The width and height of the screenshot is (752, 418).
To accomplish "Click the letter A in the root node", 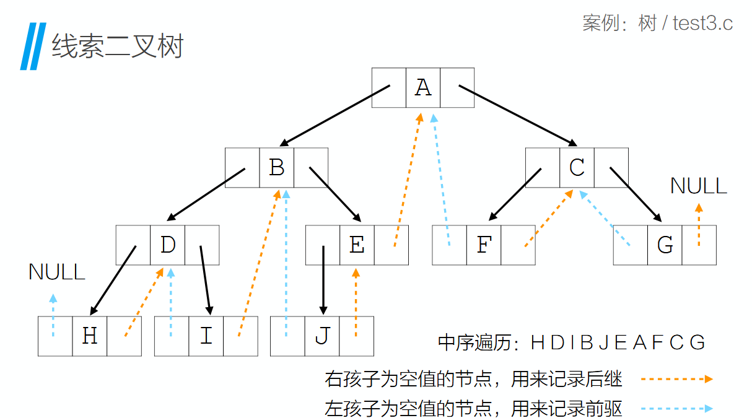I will (423, 88).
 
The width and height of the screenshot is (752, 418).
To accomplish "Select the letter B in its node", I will (276, 167).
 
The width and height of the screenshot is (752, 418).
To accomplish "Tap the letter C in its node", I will (577, 167).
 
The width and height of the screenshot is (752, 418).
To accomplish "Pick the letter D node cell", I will (168, 245).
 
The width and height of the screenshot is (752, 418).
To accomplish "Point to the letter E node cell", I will (357, 245).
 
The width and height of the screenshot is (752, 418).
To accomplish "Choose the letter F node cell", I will (484, 245).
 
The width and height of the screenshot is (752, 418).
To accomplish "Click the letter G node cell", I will (665, 245).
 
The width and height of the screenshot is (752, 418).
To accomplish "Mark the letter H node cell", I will (90, 336).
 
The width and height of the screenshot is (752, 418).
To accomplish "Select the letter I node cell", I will (206, 336).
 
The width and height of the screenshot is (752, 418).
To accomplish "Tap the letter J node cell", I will (322, 336).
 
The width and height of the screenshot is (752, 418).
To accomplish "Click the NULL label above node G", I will (699, 186).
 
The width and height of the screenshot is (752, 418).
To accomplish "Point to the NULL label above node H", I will (57, 272).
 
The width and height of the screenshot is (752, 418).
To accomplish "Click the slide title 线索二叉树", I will (118, 46).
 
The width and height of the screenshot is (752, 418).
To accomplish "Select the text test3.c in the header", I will (703, 24).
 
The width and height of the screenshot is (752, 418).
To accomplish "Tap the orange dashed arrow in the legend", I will (676, 379).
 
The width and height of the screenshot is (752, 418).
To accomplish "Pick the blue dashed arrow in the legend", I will (676, 409).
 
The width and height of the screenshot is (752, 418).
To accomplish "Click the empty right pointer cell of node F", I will (518, 245).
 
